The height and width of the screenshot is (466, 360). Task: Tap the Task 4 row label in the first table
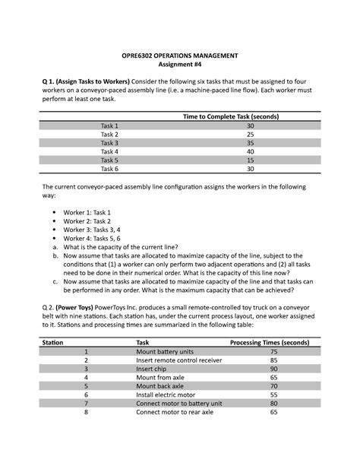pos(109,151)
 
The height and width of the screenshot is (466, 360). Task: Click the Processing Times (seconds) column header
pos(273,342)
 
